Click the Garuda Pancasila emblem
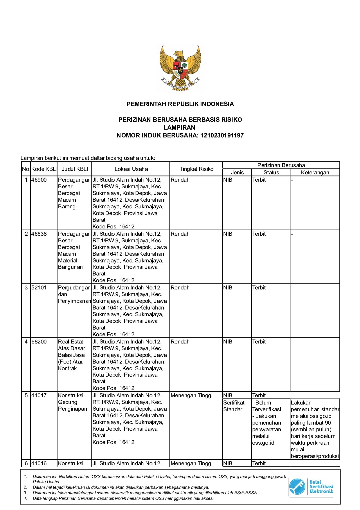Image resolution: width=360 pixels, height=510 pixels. click(x=180, y=68)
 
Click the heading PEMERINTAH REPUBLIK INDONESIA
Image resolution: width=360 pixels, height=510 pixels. click(x=180, y=104)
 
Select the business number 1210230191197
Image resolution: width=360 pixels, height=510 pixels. click(x=222, y=135)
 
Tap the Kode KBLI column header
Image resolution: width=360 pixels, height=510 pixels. click(x=44, y=169)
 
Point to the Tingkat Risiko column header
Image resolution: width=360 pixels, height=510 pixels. click(x=196, y=169)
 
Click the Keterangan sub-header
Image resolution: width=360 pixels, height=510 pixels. click(x=315, y=173)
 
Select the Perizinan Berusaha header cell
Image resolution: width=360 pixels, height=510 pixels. click(x=281, y=165)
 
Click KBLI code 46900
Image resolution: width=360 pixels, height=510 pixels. click(x=39, y=180)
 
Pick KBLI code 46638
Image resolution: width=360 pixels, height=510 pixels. click(x=39, y=234)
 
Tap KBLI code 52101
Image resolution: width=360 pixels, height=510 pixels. click(x=39, y=288)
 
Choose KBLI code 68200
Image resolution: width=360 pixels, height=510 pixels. click(x=39, y=342)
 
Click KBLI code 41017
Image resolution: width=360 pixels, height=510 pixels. click(x=39, y=396)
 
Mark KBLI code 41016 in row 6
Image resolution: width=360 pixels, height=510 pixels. click(x=39, y=464)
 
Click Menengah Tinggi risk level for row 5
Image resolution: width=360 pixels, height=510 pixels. click(x=192, y=396)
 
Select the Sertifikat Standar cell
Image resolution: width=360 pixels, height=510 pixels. click(x=234, y=406)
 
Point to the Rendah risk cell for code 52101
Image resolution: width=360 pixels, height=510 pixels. click(x=180, y=288)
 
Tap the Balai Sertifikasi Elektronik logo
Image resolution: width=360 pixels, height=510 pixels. click(x=311, y=487)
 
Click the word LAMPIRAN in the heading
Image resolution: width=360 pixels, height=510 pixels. click(x=179, y=128)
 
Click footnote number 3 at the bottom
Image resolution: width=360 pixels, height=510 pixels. click(x=25, y=493)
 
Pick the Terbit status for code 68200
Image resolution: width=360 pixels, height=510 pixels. click(x=259, y=342)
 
